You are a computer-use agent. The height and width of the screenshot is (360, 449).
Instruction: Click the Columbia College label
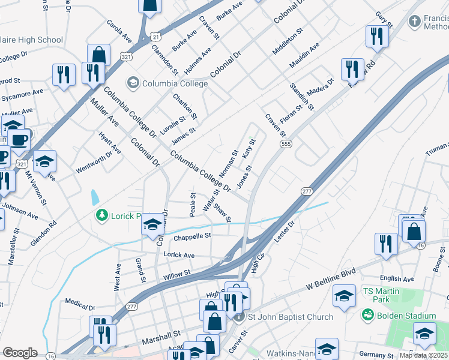coord(174,83)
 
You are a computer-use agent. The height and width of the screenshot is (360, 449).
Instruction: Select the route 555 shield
coord(285,145)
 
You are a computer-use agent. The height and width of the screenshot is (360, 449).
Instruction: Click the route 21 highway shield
coord(155,37)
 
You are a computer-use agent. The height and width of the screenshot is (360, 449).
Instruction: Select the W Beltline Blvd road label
coord(331,277)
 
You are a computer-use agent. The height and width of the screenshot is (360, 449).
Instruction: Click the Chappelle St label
coord(192,236)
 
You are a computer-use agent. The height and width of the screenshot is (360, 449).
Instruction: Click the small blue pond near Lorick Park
coord(95,197)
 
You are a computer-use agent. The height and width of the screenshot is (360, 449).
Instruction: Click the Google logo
coord(20,353)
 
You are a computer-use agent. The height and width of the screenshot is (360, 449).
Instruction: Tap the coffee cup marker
coord(20,140)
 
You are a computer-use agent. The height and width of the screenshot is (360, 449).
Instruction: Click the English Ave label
coord(397,278)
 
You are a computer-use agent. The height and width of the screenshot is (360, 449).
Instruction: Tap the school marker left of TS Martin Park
coord(344,296)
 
